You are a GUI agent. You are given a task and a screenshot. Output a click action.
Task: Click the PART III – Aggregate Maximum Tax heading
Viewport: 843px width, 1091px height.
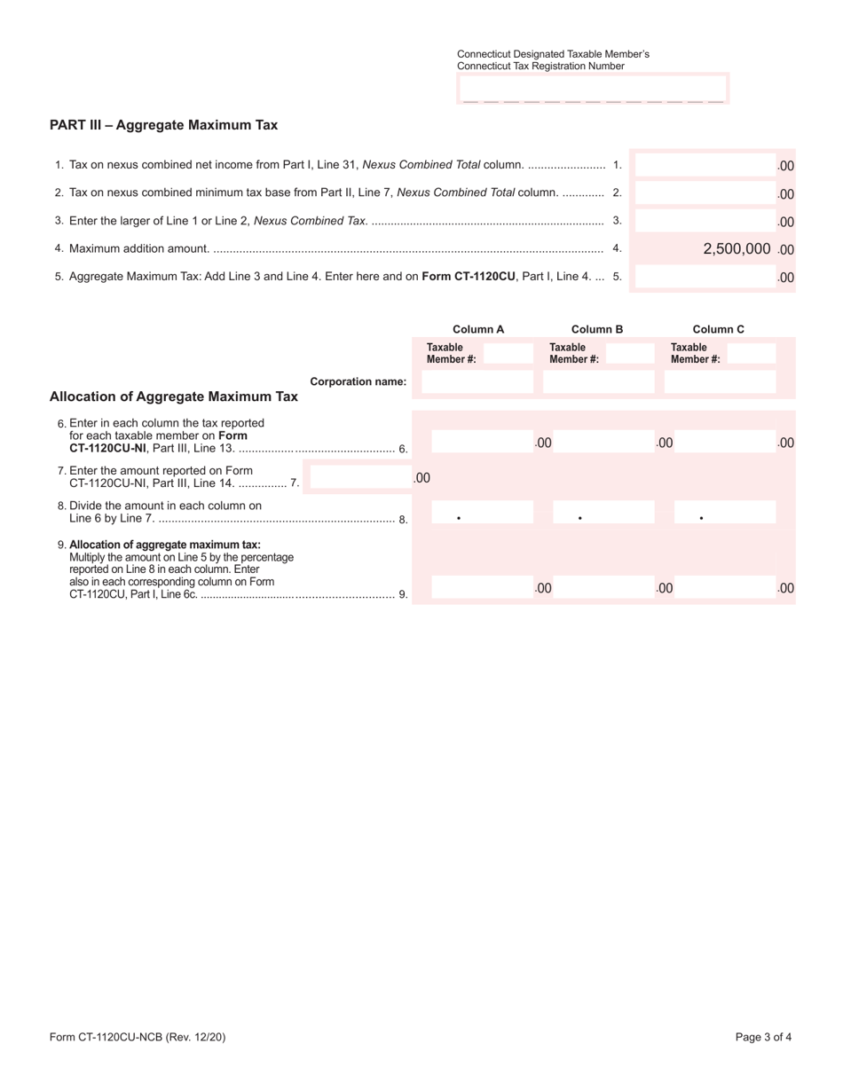163,125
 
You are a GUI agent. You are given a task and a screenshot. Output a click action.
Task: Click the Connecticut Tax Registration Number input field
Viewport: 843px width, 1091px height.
593,90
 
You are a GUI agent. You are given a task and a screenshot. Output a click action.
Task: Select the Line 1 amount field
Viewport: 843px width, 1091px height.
705,165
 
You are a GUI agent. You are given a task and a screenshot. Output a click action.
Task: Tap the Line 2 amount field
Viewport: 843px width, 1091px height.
705,193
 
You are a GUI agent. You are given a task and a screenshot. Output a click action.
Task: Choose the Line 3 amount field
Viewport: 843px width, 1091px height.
705,222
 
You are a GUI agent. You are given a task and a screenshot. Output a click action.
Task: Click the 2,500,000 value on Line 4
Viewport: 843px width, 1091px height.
736,249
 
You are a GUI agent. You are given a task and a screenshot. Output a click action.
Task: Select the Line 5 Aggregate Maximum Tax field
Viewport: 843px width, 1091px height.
705,278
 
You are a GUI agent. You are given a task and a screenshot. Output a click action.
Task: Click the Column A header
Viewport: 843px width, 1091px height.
478,329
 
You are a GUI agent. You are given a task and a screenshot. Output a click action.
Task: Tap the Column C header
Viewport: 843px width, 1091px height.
718,329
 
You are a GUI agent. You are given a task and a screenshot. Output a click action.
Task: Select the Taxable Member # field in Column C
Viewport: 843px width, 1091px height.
751,353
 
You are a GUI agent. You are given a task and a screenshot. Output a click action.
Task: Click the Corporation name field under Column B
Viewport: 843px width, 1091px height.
597,382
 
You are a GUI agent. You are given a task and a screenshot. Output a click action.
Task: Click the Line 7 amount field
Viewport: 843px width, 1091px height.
360,478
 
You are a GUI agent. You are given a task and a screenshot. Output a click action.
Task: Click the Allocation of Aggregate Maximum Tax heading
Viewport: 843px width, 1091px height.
174,396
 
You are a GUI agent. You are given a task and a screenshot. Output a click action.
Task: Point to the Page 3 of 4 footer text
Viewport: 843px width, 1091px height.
763,1037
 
